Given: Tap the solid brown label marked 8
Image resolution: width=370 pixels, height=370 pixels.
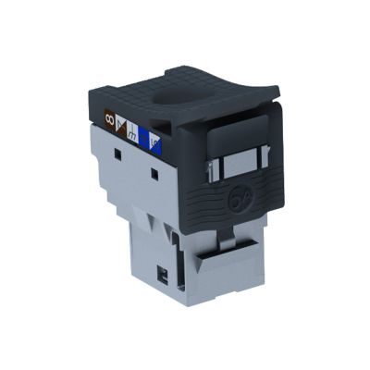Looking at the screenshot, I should (x=109, y=118).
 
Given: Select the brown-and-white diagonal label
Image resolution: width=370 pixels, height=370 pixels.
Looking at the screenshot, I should (x=120, y=125).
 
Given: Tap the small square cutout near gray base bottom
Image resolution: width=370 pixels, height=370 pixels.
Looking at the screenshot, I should (x=164, y=274).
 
